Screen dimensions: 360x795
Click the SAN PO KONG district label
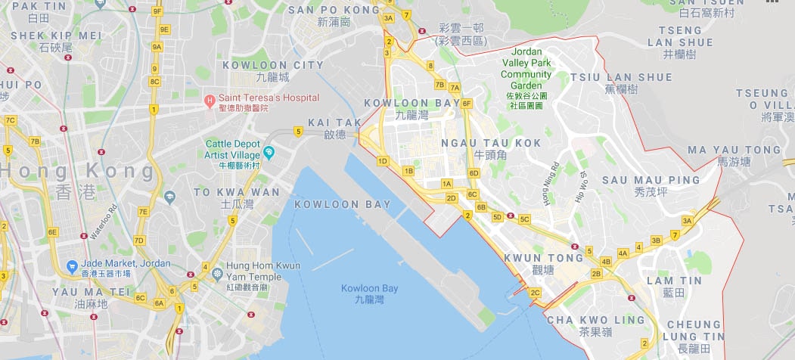click(334, 10)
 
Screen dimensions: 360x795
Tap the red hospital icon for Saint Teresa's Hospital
click(210, 99)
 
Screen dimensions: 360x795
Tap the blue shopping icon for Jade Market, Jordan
click(71, 266)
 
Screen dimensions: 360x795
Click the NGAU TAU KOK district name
click(491, 142)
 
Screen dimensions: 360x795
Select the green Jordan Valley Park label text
click(526, 64)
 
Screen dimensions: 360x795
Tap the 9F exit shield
click(157, 11)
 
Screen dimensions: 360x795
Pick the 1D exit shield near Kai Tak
click(382, 160)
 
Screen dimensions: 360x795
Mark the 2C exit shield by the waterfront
click(536, 292)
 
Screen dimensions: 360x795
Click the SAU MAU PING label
click(651, 180)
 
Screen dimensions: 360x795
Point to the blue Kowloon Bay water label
click(369, 288)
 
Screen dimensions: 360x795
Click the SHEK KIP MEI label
click(55, 35)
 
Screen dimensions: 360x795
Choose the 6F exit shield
click(467, 103)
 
